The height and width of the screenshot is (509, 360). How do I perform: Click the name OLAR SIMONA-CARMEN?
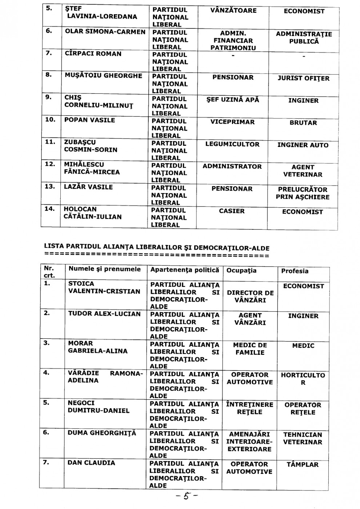[x=105, y=32]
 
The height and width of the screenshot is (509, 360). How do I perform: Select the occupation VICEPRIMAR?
[x=232, y=122]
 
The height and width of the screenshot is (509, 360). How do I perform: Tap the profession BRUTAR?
[x=303, y=123]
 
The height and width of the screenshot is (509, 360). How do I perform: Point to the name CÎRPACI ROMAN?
[x=93, y=54]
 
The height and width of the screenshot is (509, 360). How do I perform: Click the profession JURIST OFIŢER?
[x=303, y=78]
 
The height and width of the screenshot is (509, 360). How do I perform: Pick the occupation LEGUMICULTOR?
[x=232, y=144]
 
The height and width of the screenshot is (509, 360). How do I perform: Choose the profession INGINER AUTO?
[x=303, y=145]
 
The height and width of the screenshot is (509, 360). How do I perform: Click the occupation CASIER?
[x=232, y=211]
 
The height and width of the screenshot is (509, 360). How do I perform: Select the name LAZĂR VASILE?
[x=88, y=187]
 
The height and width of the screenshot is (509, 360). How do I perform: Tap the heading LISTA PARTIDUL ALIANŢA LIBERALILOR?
[x=156, y=248]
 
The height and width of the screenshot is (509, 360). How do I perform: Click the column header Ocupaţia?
[x=241, y=270]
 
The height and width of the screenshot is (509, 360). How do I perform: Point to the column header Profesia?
[x=295, y=271]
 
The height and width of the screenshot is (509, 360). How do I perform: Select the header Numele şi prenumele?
[x=104, y=269]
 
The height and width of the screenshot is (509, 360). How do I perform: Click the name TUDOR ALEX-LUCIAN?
[x=104, y=314]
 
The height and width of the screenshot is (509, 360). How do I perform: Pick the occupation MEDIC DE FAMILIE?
[x=250, y=349]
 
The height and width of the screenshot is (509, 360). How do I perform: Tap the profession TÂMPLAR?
[x=302, y=465]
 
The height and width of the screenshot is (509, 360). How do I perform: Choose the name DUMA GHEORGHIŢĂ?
[x=102, y=433]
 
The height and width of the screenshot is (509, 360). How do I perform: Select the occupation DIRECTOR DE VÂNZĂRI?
[x=250, y=296]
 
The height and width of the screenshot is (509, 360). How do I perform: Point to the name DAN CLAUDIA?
[x=91, y=463]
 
